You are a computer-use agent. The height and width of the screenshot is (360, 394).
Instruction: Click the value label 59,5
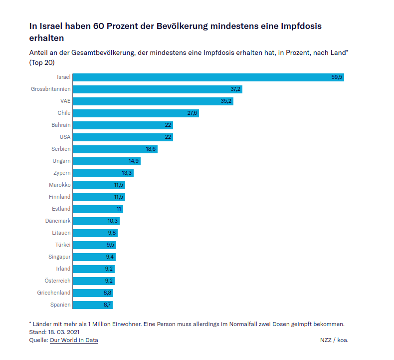337,77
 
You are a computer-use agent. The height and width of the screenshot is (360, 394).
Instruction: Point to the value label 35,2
227,101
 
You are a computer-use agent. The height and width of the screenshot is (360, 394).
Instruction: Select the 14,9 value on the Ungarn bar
134,161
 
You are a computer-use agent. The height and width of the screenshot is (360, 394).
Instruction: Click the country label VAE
65,101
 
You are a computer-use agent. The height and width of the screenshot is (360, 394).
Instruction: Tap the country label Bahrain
61,125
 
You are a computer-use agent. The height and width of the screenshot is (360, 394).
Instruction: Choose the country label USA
65,137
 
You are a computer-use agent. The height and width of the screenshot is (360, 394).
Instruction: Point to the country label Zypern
62,173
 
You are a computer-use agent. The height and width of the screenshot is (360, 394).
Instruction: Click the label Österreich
58,281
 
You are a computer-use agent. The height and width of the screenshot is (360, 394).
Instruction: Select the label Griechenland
54,293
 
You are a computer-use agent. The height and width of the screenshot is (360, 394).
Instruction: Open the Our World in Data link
74,340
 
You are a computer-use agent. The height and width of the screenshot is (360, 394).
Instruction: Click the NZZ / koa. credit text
334,340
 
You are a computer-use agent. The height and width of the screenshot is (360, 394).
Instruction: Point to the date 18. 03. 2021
63,332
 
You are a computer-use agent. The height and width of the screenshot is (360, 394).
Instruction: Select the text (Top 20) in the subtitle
42,62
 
